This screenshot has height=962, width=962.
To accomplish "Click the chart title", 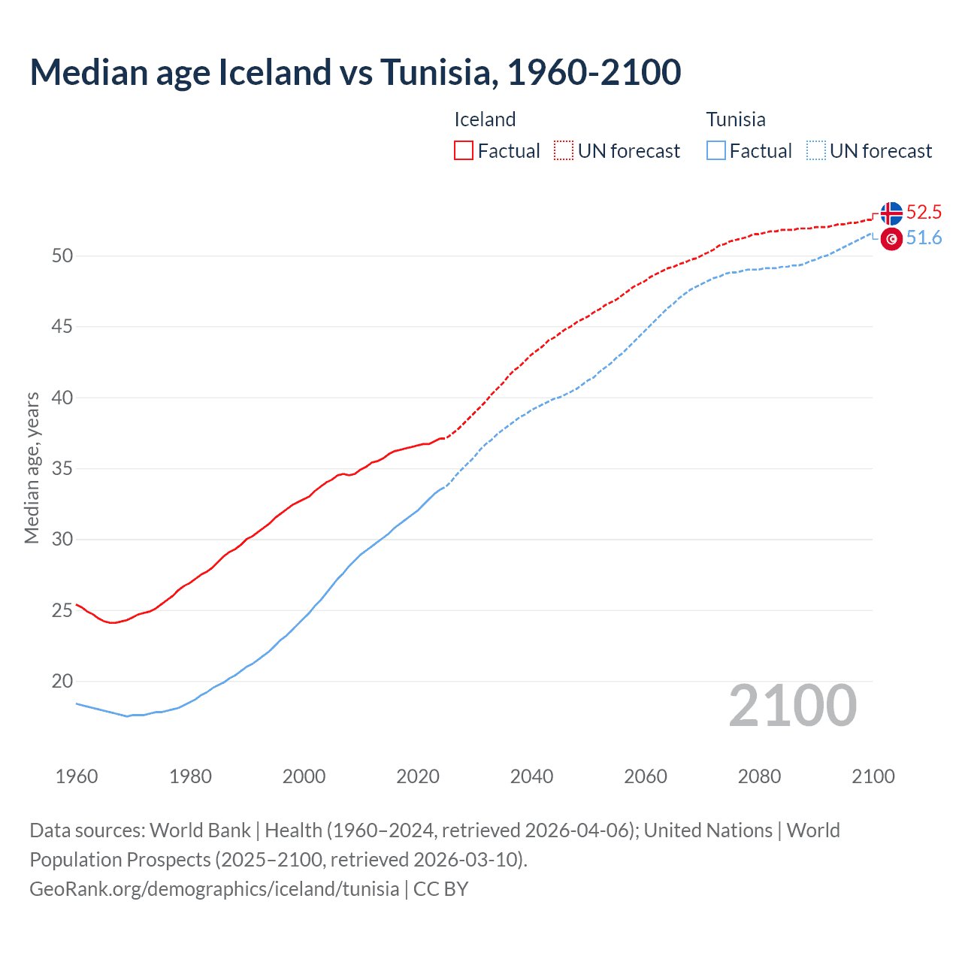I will tap(355, 72).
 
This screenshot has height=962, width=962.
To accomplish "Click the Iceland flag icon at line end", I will tap(891, 213).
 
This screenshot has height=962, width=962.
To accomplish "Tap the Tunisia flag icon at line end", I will tap(891, 239).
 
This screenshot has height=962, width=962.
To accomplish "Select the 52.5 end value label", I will tap(924, 213).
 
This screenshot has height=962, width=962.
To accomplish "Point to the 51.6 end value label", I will tap(924, 238).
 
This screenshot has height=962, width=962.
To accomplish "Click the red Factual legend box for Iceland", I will tap(464, 151).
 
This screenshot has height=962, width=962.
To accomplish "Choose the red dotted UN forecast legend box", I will tap(564, 151).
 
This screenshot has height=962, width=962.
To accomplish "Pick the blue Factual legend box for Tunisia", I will tap(716, 151).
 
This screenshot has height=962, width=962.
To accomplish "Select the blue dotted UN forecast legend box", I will tap(816, 151).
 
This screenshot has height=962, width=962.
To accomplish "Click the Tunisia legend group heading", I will tap(736, 119).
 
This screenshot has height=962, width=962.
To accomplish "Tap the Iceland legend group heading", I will tap(485, 119).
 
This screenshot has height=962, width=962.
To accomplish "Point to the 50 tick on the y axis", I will tap(62, 256).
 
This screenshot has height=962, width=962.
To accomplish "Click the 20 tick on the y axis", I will tap(62, 682).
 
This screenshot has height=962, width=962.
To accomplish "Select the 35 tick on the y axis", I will tap(62, 469).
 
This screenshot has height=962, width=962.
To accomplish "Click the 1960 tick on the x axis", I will tap(77, 776).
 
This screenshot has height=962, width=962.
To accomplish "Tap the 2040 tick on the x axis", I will tap(531, 776).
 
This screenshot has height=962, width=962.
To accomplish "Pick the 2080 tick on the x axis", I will tap(759, 776).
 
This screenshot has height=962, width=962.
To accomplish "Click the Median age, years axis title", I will tap(32, 467).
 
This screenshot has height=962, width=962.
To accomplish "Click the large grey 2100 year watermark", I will tap(792, 706).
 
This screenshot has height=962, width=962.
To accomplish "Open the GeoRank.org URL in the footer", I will tap(214, 889).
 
